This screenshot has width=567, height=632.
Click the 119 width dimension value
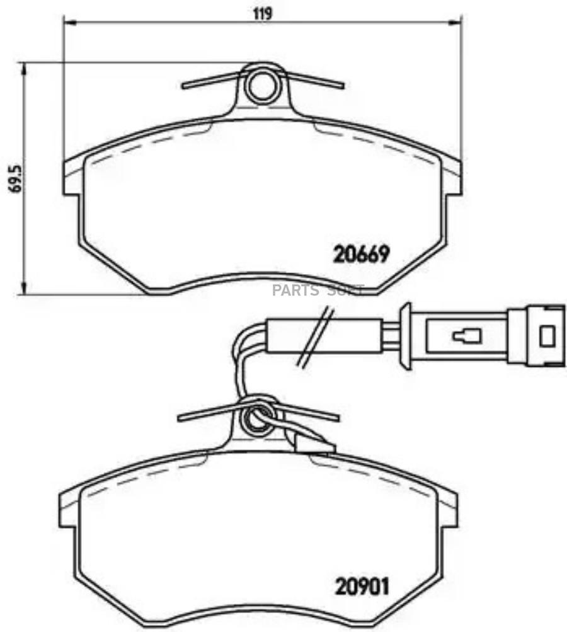263,14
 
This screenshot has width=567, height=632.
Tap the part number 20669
361,254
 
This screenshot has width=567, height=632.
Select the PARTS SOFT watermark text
318,290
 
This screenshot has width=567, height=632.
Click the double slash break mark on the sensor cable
314,336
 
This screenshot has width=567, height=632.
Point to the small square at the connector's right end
547,336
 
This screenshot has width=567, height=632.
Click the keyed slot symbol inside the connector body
467,336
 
